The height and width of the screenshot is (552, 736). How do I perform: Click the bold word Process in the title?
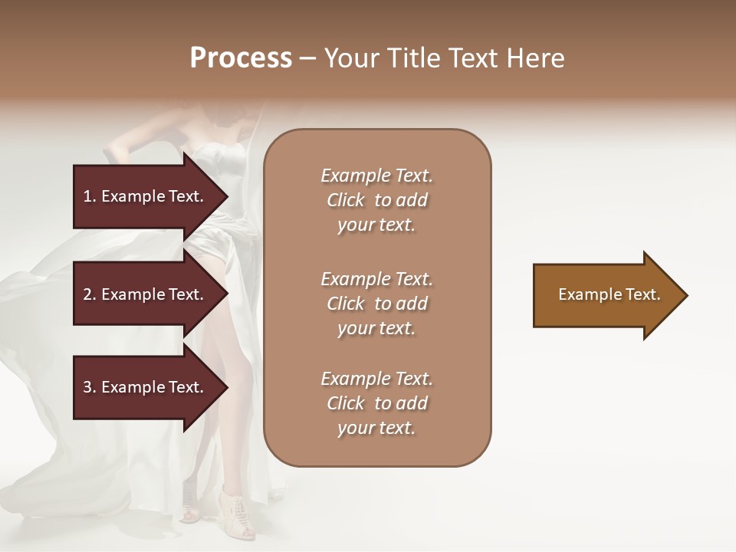tap(241, 58)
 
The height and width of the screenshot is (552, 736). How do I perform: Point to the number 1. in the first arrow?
tap(90, 196)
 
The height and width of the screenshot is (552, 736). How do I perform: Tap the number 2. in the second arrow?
tap(90, 294)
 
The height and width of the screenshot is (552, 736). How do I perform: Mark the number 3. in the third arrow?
tap(90, 387)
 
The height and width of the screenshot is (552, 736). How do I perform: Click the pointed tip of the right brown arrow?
tap(684, 295)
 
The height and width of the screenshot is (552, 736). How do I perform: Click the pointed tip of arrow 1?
tap(225, 196)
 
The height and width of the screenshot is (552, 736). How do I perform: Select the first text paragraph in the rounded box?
tap(376, 200)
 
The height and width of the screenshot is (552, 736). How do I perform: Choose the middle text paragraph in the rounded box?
tap(376, 304)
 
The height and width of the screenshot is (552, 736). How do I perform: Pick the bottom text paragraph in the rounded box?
tap(376, 403)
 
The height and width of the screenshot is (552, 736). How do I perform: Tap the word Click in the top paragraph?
tap(346, 200)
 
